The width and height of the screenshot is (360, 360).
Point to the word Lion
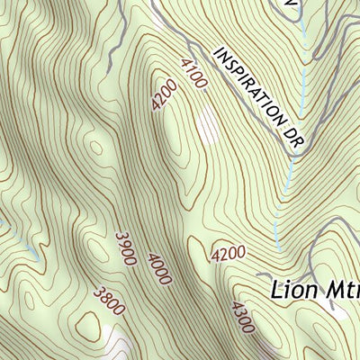(292, 290)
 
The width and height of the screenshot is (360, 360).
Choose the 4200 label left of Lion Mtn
(229, 256)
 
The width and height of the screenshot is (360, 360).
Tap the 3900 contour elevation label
(125, 248)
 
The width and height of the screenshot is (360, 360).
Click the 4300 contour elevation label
(240, 317)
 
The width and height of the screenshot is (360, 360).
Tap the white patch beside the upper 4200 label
(208, 126)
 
